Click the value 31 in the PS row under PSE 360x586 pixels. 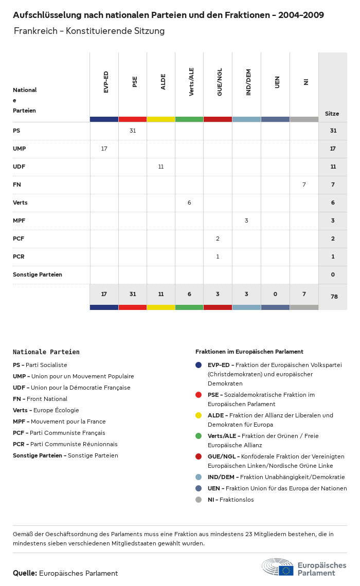[x=133, y=131]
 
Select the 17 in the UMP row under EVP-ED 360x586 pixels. [x=104, y=149]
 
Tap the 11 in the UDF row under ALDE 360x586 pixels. [x=161, y=167]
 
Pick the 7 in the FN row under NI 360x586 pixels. [x=304, y=185]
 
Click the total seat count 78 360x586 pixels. [x=333, y=297]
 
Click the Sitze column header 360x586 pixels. [x=332, y=114]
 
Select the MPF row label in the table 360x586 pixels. [x=19, y=221]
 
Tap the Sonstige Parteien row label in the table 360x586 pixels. [x=38, y=274]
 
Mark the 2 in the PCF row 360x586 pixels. [x=218, y=239]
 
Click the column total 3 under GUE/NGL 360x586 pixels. [x=218, y=294]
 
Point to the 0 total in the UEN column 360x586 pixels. [x=275, y=294]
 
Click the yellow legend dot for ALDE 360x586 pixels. [x=199, y=415]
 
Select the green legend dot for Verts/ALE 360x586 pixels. [x=199, y=436]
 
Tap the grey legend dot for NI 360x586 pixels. [x=199, y=500]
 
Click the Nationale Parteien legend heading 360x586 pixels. [x=46, y=352]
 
